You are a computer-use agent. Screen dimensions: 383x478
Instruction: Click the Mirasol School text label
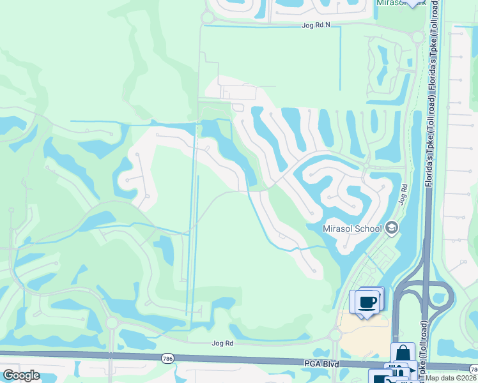point(353,228)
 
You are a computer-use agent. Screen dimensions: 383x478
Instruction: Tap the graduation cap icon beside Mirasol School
point(392,228)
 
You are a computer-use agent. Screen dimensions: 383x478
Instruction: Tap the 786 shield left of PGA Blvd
point(167,359)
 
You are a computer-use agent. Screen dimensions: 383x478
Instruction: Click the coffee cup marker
point(367,302)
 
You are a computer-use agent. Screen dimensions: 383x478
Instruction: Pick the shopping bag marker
point(403,354)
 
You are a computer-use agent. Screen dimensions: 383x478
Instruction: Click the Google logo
point(21,376)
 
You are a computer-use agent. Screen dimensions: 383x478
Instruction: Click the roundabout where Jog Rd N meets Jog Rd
point(417,37)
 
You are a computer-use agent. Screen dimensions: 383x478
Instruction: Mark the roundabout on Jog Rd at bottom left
point(112,322)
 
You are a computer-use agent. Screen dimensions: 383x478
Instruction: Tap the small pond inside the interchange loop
point(424,296)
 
